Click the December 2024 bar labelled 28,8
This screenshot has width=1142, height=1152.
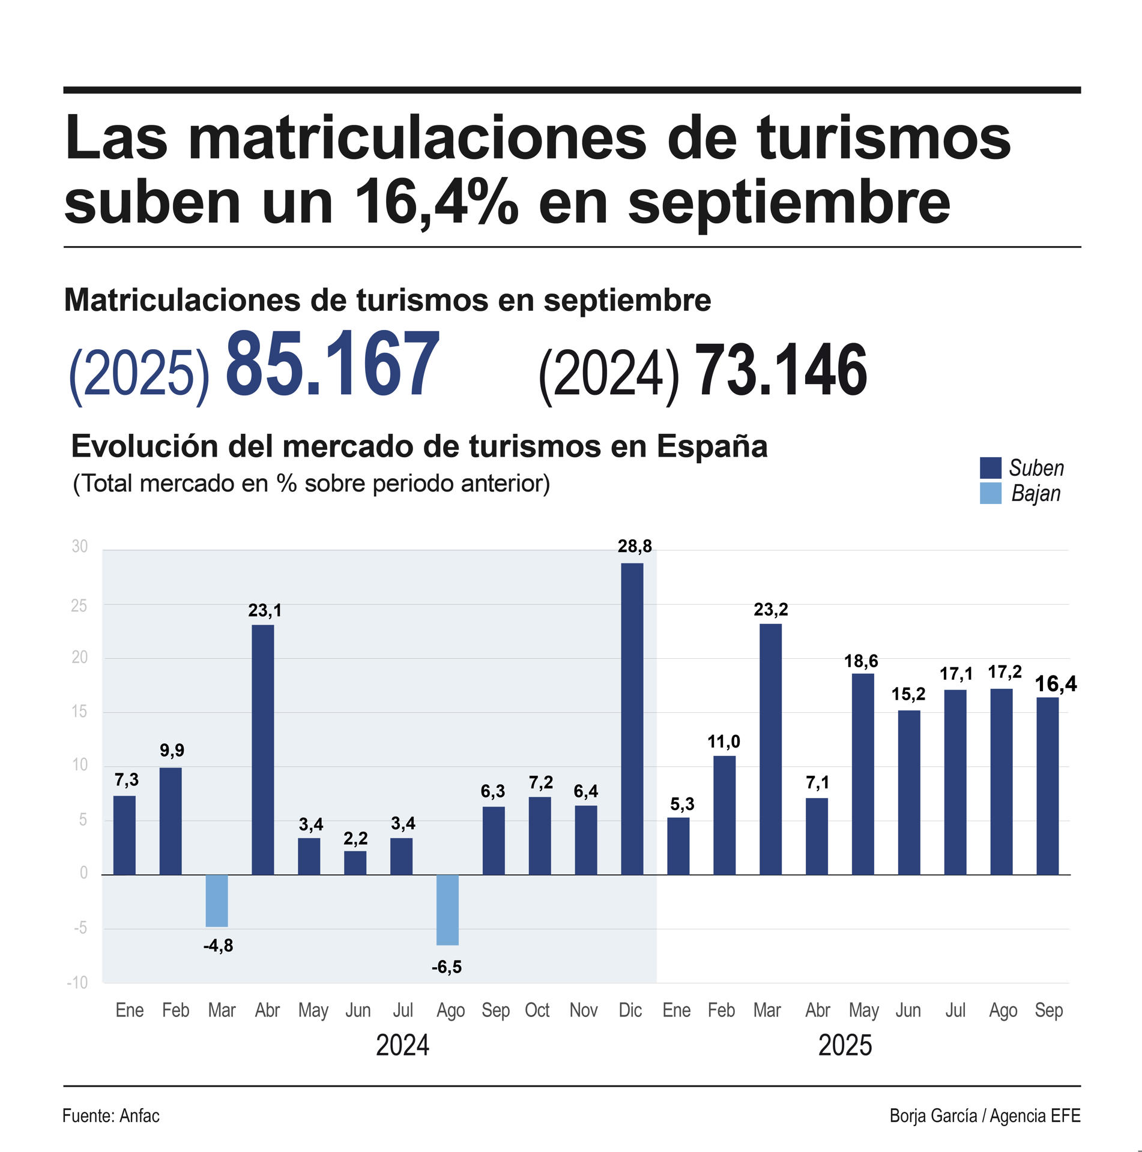point(632,718)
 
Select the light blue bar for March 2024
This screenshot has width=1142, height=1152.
point(217,901)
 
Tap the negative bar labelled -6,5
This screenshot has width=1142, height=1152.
point(447,910)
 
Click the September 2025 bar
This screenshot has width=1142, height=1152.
point(1047,785)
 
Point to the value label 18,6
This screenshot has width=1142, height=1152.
point(860,661)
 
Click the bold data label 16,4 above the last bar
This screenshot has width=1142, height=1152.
point(1056,683)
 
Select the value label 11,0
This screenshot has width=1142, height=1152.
point(724,742)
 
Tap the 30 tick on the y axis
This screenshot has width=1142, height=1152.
point(79,547)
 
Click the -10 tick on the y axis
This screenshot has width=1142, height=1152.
point(77,982)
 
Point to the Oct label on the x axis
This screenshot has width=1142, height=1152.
point(537,1010)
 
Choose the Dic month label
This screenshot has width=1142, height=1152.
point(630,1010)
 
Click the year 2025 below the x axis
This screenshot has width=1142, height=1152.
point(845,1046)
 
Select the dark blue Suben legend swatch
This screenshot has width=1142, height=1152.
point(990,467)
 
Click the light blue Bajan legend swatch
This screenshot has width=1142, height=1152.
point(990,493)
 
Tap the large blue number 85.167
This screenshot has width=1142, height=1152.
point(332,365)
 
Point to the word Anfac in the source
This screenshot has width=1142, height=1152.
point(139,1116)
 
